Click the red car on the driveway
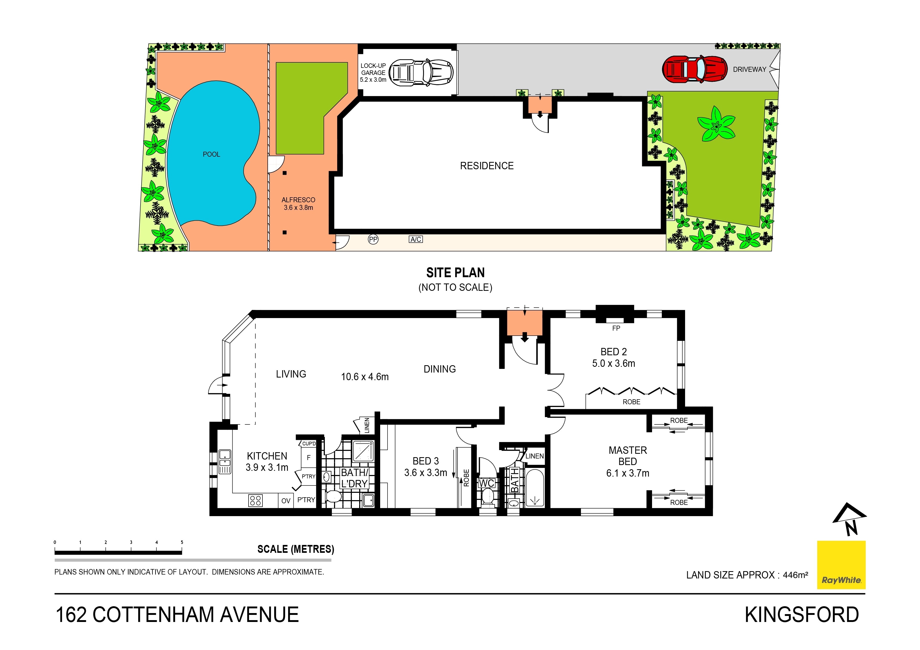click(x=695, y=69)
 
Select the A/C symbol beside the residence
click(x=416, y=239)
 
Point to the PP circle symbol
click(x=373, y=239)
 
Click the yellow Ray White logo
click(x=841, y=565)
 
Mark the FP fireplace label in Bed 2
click(x=616, y=328)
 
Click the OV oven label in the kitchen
click(x=286, y=501)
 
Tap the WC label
click(x=486, y=483)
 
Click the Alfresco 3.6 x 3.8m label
click(x=298, y=204)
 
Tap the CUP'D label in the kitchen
click(x=309, y=443)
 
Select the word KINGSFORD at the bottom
click(x=801, y=615)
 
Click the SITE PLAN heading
click(x=455, y=273)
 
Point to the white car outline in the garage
click(x=421, y=73)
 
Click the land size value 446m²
click(x=795, y=575)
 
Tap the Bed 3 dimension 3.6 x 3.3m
click(x=426, y=473)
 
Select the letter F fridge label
click(x=309, y=457)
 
